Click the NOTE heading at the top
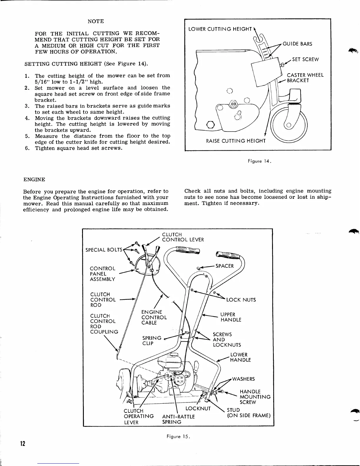(x=96, y=21)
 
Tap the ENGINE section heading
(x=34, y=179)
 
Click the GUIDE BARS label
(x=297, y=44)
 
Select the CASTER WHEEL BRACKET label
(x=305, y=78)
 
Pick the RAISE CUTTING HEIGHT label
(x=236, y=141)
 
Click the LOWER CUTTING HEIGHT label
(x=220, y=29)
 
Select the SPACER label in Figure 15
(x=224, y=266)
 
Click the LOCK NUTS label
(x=241, y=300)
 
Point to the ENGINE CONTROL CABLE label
(x=154, y=317)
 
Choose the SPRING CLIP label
(x=152, y=341)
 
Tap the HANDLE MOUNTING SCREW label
(x=255, y=397)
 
